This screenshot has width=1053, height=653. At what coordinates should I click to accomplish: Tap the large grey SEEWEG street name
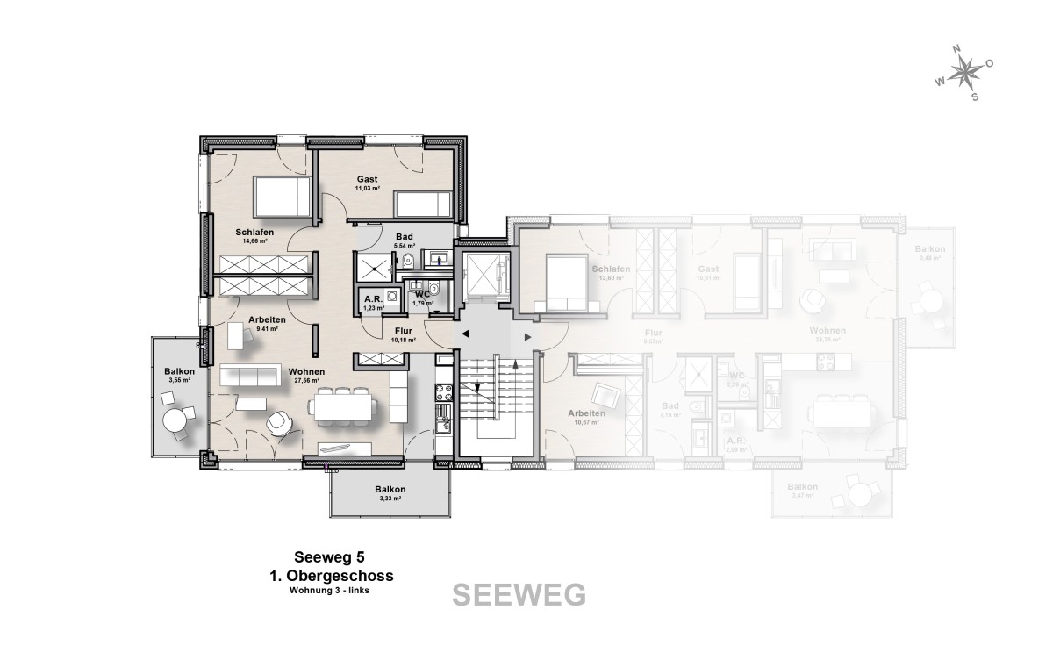[519, 594]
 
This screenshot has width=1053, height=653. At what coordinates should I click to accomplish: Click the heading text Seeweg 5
[328, 558]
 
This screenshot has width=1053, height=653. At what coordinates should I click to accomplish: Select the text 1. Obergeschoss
[330, 576]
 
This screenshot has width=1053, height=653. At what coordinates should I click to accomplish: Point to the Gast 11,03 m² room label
[367, 183]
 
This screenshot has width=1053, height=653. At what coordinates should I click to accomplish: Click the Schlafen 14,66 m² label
[254, 236]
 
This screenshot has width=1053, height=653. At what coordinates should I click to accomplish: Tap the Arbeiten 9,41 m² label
[266, 324]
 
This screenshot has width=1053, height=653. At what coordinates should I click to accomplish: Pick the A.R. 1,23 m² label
[374, 303]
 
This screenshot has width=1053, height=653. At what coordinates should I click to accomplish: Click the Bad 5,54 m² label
[404, 240]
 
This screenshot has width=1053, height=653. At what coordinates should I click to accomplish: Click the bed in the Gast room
[423, 204]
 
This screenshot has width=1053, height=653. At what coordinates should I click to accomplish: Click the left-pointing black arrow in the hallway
[466, 334]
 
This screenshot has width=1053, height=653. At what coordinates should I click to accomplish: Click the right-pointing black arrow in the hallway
[526, 336]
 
